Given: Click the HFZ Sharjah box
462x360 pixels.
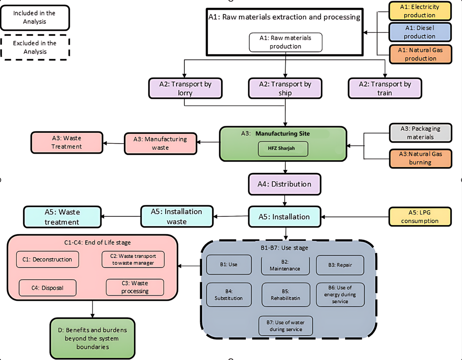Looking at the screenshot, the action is point(283,149).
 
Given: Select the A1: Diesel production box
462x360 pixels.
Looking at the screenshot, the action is point(420,32).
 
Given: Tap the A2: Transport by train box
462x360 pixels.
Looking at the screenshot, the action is point(385,88).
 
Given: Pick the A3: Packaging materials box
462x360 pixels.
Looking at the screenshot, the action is point(421,133).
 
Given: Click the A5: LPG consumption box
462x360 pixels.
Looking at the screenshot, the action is point(420,217).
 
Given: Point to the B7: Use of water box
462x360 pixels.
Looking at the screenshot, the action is point(286,326).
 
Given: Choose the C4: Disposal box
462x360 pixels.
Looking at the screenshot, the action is point(47,288).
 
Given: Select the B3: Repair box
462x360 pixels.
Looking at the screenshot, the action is point(340,265).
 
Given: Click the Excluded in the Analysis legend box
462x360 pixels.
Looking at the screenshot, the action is point(35,47).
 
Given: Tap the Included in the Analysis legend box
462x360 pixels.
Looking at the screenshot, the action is point(35,18).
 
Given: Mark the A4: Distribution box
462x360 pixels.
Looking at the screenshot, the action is point(285,184).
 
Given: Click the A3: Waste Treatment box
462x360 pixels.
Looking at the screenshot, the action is point(67,142).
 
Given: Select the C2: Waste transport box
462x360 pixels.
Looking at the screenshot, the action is point(133,259).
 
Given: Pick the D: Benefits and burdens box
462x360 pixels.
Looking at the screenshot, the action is point(92,338).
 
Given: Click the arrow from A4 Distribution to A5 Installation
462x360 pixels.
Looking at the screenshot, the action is point(285,200).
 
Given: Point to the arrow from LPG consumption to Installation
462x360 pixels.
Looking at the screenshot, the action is point(355,217).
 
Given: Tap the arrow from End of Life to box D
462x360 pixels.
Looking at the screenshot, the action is point(92,309).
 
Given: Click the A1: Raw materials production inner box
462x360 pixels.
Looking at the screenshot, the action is point(286,42).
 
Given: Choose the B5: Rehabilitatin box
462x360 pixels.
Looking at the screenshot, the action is point(286,295).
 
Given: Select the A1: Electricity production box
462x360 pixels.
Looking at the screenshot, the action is point(420,11).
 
